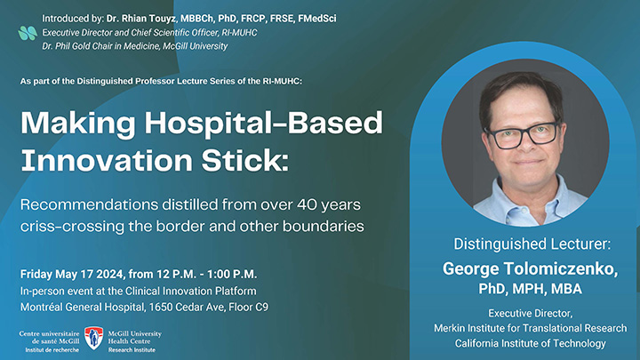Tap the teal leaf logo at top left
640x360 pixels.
28,33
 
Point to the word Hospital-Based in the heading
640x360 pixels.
266,122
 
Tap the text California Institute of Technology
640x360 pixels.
531,343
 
